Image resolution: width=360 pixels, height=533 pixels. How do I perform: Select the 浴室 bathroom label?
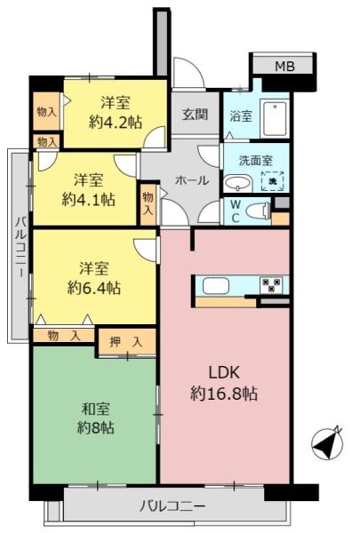coord(241,115)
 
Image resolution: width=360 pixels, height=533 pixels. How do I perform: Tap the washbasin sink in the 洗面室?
coord(236,183)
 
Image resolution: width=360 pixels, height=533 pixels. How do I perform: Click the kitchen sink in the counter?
coord(217,286)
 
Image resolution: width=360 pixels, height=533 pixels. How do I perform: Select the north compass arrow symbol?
coord(328,442)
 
